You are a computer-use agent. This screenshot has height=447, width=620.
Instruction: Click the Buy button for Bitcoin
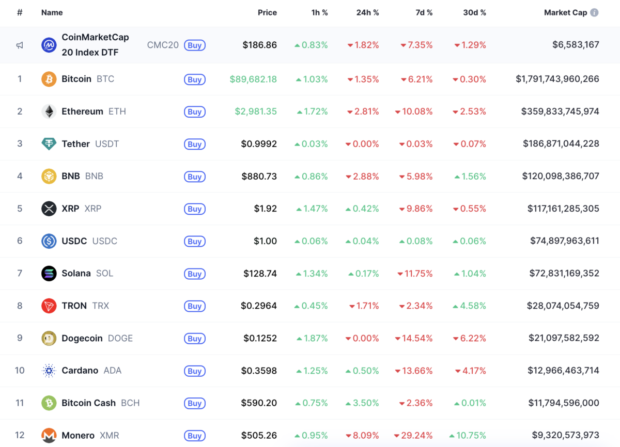(x=194, y=79)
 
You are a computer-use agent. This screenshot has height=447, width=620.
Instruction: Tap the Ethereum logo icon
(x=49, y=111)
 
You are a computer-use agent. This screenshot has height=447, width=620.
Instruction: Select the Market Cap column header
(x=565, y=12)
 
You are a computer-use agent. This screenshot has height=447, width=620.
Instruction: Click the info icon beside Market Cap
(x=594, y=12)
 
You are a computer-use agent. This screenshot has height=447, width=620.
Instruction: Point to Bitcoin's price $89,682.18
(x=253, y=79)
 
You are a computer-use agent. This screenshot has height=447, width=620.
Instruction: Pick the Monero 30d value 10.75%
(x=468, y=436)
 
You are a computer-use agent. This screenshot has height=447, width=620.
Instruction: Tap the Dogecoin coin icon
(x=49, y=339)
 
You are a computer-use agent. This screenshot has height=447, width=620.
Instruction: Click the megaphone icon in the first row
(x=20, y=45)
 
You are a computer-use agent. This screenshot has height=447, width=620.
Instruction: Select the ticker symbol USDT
(x=107, y=144)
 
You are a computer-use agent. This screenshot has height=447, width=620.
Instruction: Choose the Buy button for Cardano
(x=194, y=371)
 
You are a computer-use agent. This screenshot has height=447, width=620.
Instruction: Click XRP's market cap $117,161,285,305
(x=563, y=209)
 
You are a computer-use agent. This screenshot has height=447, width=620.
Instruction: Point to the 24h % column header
(x=367, y=12)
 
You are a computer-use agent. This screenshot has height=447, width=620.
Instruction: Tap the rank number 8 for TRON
(x=20, y=306)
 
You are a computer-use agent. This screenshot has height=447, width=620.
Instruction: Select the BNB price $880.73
(x=259, y=176)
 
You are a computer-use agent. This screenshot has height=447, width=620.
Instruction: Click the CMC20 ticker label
(x=163, y=45)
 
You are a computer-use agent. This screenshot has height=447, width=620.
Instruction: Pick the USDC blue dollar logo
(x=49, y=241)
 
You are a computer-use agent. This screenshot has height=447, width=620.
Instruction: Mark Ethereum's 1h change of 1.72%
(x=312, y=111)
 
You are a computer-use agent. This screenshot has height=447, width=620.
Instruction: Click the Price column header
(x=267, y=12)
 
